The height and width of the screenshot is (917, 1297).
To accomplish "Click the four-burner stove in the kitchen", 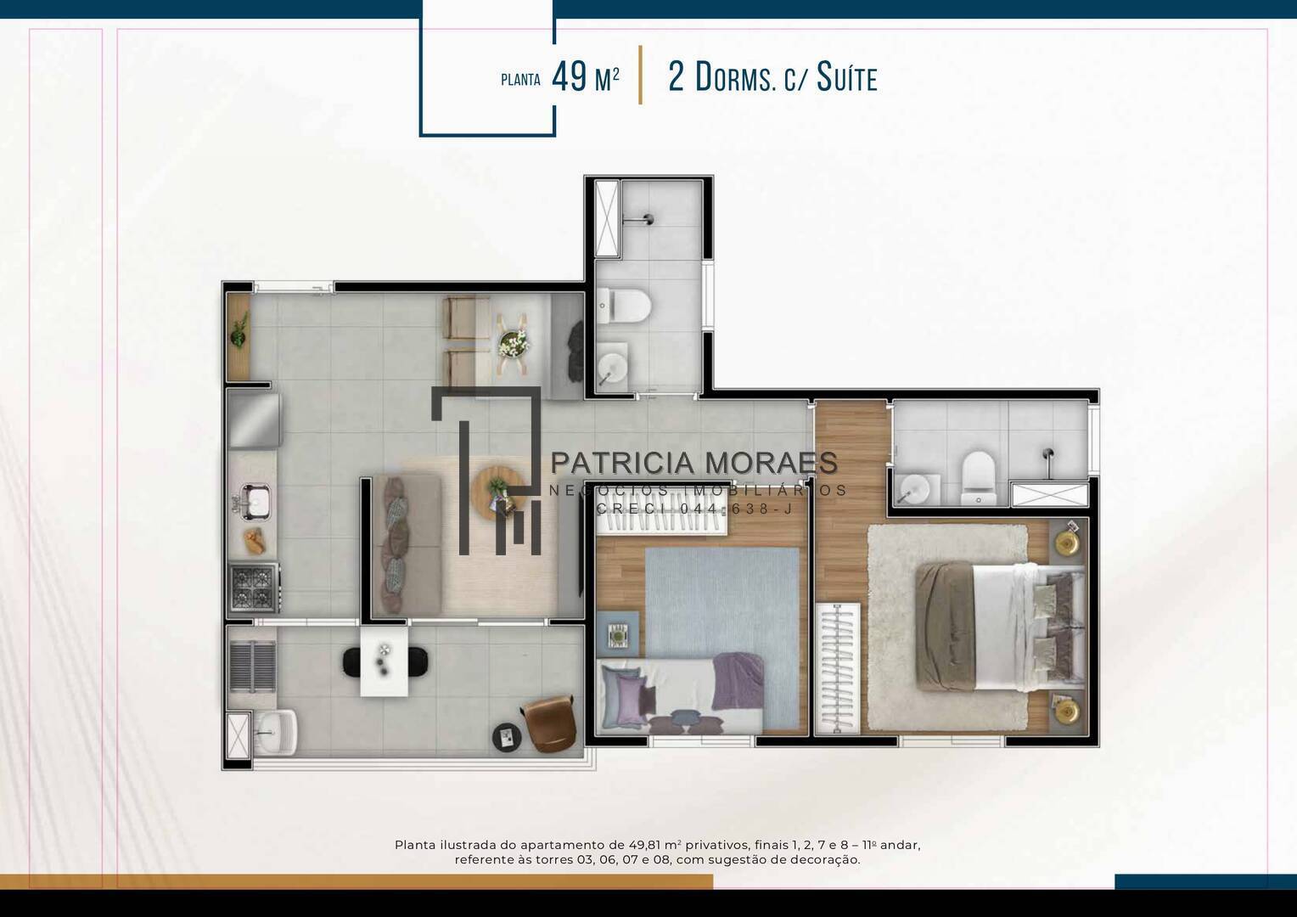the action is [x=255, y=588].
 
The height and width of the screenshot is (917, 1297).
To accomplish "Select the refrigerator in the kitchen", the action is [x=254, y=420].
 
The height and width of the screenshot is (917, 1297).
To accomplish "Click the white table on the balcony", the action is [x=384, y=661].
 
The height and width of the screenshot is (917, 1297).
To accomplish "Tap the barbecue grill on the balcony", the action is [x=252, y=667].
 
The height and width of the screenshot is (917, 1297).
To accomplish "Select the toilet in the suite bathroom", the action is [x=977, y=476].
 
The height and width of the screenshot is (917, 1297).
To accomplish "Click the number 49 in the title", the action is [x=569, y=77].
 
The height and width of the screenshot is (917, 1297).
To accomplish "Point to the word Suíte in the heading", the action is [x=847, y=77].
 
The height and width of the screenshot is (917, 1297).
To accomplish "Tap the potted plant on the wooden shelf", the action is [x=239, y=329].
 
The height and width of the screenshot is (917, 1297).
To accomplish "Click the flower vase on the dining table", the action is [x=513, y=343].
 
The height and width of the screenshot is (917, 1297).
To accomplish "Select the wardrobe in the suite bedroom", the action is [x=837, y=668].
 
